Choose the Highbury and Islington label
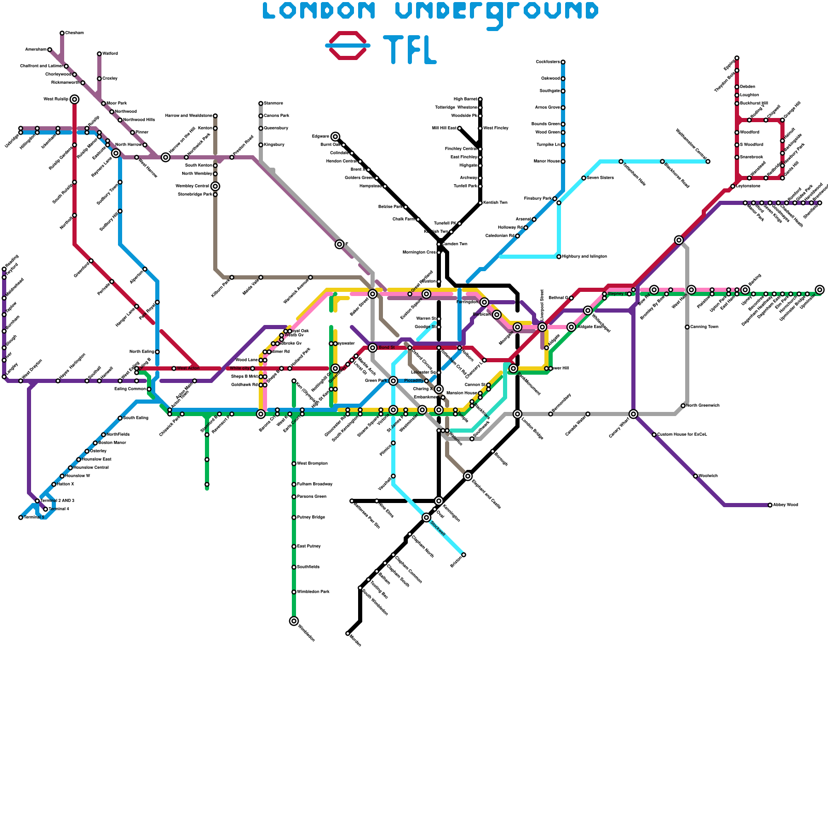click(x=584, y=257)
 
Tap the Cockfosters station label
click(x=548, y=62)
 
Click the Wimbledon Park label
click(x=313, y=592)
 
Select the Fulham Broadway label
click(x=315, y=484)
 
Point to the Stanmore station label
click(x=273, y=103)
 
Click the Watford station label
click(x=110, y=54)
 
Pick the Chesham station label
click(x=75, y=33)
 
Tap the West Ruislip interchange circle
click(x=75, y=99)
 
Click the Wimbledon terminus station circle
click(x=294, y=621)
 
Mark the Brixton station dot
click(x=464, y=555)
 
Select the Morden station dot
click(x=348, y=633)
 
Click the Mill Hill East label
click(x=444, y=128)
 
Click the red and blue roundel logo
click(x=348, y=46)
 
